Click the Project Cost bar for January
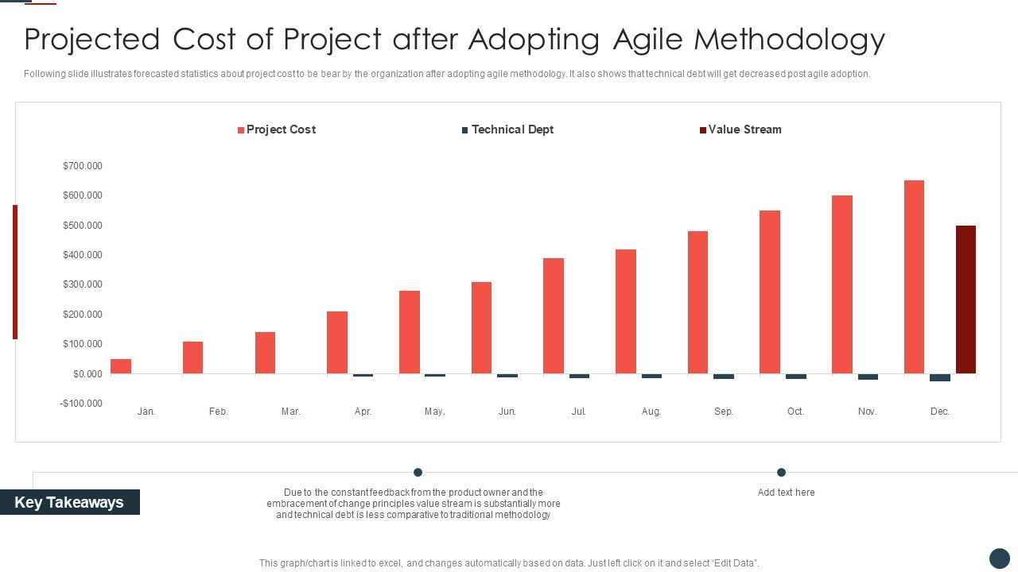click(121, 366)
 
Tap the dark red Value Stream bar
click(966, 300)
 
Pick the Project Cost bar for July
click(554, 315)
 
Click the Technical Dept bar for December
click(940, 377)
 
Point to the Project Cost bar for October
click(770, 292)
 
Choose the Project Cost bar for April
click(337, 342)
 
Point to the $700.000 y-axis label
click(83, 166)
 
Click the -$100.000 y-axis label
click(81, 404)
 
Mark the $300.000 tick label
click(83, 284)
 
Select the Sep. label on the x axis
click(724, 412)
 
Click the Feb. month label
click(219, 412)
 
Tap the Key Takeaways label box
click(69, 502)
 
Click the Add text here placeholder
click(786, 493)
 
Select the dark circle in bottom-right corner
click(999, 558)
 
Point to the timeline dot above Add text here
click(781, 472)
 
